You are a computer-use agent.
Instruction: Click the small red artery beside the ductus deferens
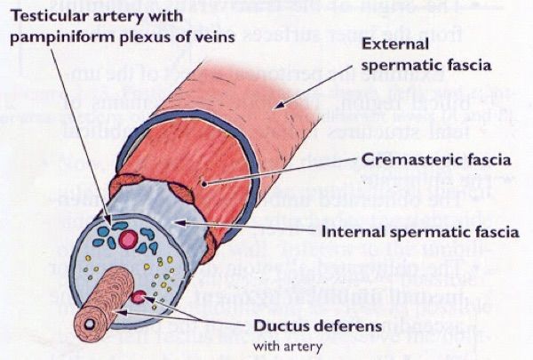(139, 297)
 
